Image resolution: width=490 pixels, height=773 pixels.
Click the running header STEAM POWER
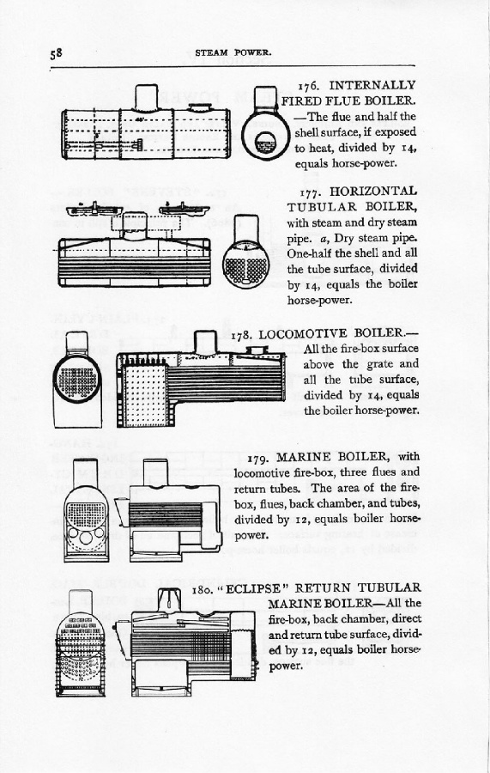pos(233,52)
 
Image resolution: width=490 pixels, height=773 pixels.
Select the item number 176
pos(309,86)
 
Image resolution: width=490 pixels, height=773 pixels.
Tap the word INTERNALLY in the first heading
pos(372,85)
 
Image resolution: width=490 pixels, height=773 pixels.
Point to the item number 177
pos(310,192)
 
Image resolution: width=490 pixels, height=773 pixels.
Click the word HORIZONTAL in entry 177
pos(374,191)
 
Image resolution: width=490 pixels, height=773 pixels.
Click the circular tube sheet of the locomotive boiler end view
pos(77,379)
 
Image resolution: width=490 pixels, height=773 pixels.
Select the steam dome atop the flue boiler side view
pos(146,97)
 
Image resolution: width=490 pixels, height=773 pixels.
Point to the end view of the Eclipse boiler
pos(81,643)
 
